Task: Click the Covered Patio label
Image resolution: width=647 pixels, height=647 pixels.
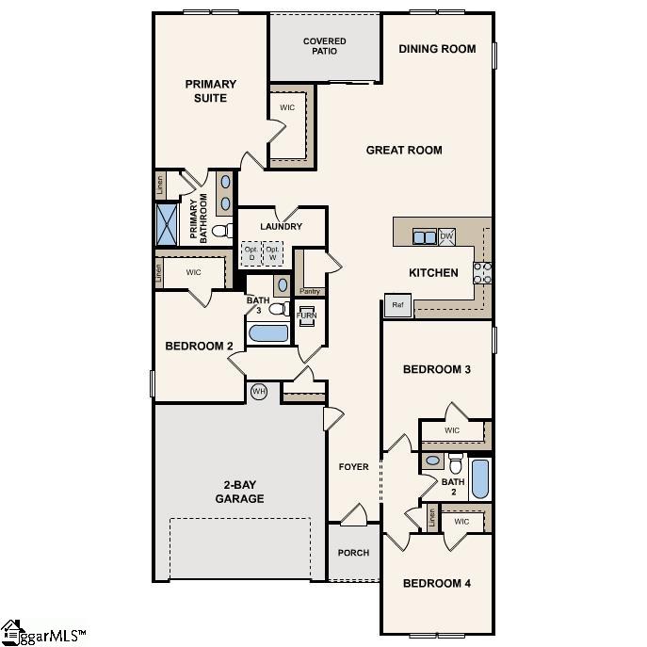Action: [x=324, y=46]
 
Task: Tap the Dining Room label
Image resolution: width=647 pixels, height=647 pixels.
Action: [x=437, y=49]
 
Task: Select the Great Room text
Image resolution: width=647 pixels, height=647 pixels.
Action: [x=404, y=150]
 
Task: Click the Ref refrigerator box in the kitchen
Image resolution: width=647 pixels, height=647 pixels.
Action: [x=396, y=305]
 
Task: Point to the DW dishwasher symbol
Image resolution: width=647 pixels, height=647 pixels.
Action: [x=446, y=235]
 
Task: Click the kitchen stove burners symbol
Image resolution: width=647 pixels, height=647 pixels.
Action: [x=481, y=272]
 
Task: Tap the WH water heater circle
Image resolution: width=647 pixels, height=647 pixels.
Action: [x=259, y=390]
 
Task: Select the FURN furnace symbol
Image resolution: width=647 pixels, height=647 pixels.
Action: [x=307, y=315]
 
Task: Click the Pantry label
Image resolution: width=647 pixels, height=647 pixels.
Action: [x=310, y=291]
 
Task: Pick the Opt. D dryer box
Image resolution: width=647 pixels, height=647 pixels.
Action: [x=251, y=253]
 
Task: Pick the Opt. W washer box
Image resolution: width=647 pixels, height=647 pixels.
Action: [x=273, y=253]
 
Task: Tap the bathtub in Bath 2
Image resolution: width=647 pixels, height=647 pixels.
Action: [x=479, y=479]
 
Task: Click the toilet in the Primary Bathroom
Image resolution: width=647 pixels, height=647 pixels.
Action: [x=222, y=230]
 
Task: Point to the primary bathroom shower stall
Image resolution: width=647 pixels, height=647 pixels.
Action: [x=167, y=224]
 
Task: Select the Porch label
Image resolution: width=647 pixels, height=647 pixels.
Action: [x=354, y=553]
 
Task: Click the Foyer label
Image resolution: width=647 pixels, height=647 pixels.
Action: [x=354, y=467]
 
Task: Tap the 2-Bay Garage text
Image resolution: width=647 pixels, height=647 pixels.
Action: [x=239, y=492]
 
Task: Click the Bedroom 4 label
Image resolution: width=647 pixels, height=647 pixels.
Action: [x=436, y=583]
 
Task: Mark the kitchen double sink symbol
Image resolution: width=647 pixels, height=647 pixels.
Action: [x=424, y=236]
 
